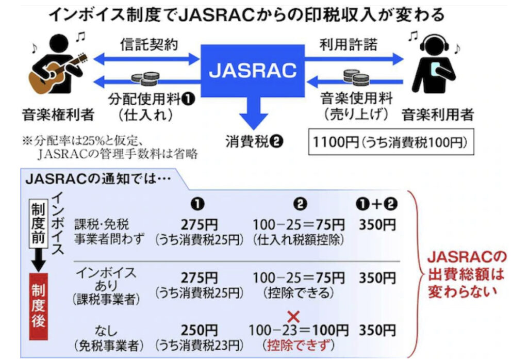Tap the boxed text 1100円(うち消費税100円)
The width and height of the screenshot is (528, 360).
click(390, 141)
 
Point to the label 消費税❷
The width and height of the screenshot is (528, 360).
click(253, 141)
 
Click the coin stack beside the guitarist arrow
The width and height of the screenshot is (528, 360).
click(144, 78)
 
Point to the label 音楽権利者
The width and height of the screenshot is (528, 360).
click(58, 114)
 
